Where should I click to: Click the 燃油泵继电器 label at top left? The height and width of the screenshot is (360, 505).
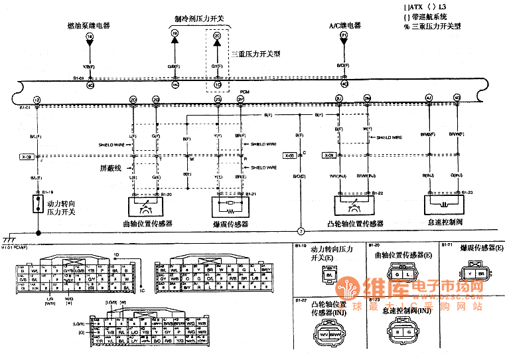coord(89,25)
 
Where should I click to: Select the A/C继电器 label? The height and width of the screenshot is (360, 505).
coord(345,25)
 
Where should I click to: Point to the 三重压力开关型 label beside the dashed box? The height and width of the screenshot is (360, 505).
coord(255,54)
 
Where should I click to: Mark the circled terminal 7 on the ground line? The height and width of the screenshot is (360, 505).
coord(300,232)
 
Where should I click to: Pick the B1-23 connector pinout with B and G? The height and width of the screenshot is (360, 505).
coord(401,331)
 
